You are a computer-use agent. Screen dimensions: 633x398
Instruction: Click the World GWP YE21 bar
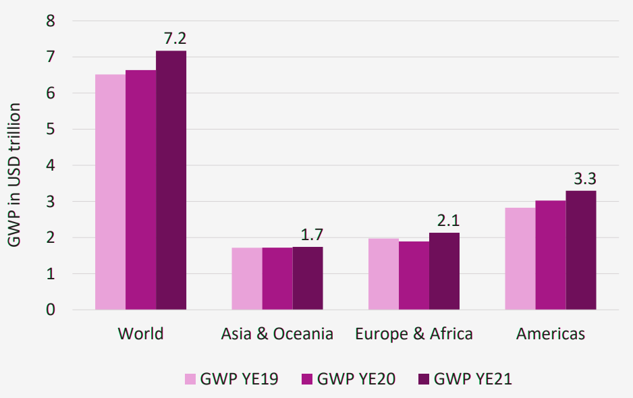click(x=171, y=180)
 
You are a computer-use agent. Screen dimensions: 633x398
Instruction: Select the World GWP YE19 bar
click(x=110, y=192)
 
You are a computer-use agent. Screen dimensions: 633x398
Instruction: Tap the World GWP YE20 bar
click(x=141, y=190)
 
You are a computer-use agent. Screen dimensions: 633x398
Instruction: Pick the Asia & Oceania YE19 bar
click(x=247, y=279)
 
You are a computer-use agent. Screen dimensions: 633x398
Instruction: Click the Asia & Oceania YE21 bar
click(x=308, y=278)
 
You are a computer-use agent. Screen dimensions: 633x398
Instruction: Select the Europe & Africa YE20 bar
click(x=414, y=276)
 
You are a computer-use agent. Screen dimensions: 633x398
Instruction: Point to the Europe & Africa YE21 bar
click(x=444, y=271)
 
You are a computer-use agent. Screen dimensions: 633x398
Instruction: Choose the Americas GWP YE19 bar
click(x=520, y=259)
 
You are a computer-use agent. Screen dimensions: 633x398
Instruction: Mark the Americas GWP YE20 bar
click(x=551, y=255)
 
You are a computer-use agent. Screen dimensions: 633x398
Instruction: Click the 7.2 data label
click(x=175, y=38)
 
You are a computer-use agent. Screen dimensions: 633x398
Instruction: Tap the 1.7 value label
click(x=312, y=235)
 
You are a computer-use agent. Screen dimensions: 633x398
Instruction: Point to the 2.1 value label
click(x=449, y=221)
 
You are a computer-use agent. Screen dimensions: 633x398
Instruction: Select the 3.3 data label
click(x=585, y=178)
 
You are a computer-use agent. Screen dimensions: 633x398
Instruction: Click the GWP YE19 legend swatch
click(x=190, y=379)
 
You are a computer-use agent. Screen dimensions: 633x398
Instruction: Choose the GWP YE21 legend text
click(x=473, y=379)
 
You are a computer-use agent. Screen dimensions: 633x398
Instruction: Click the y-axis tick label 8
click(x=51, y=21)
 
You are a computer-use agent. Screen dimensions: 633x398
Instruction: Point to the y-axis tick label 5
click(x=51, y=129)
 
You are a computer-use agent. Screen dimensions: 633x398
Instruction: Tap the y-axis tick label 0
click(x=51, y=310)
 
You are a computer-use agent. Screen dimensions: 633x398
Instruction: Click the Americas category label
click(x=551, y=334)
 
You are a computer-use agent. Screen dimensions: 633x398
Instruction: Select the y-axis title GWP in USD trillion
click(x=14, y=175)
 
